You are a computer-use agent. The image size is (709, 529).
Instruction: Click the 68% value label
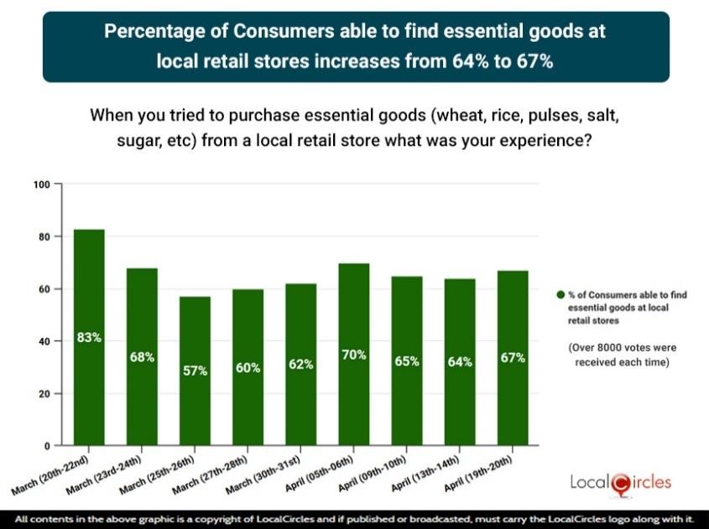(x=142, y=357)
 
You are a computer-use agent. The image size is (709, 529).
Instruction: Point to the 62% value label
(x=301, y=365)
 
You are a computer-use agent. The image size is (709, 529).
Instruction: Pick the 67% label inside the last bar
(x=513, y=358)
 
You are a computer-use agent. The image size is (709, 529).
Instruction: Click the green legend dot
(x=560, y=295)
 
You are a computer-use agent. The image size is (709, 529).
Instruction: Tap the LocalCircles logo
(x=620, y=482)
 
